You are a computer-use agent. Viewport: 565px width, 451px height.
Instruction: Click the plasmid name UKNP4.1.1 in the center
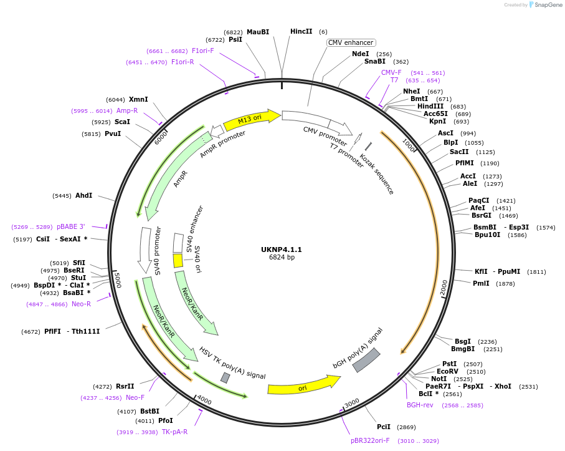pyautogui.click(x=282, y=250)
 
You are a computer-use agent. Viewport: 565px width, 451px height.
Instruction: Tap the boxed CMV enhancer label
pyautogui.click(x=351, y=42)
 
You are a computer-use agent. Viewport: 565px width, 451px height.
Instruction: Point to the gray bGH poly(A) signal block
pyautogui.click(x=366, y=360)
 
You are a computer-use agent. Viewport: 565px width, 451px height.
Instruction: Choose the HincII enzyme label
pyautogui.click(x=301, y=31)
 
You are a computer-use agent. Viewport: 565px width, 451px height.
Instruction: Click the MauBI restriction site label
pyautogui.click(x=258, y=32)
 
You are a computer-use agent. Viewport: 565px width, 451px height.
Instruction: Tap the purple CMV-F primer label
pyautogui.click(x=391, y=72)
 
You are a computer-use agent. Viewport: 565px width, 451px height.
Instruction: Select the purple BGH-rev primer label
pyautogui.click(x=420, y=405)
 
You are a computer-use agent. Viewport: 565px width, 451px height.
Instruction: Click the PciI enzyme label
pyautogui.click(x=384, y=427)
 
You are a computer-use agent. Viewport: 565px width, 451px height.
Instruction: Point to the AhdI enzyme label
pyautogui.click(x=83, y=195)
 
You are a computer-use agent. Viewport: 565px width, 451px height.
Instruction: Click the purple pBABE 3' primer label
pyautogui.click(x=70, y=227)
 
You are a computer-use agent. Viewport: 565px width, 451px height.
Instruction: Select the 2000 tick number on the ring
pyautogui.click(x=444, y=288)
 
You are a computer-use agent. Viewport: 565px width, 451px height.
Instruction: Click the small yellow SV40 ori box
pyautogui.click(x=178, y=260)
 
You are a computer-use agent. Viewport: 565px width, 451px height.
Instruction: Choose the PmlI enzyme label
pyautogui.click(x=481, y=283)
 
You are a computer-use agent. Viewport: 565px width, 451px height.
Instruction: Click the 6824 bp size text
pyautogui.click(x=282, y=257)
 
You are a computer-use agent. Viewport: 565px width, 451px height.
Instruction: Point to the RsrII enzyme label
pyautogui.click(x=125, y=386)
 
